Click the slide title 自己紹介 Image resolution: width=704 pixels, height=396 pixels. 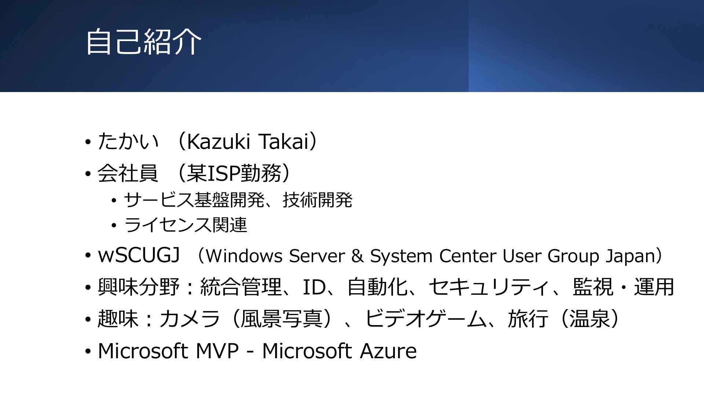[x=143, y=41]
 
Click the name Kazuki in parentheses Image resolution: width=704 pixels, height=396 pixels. [x=219, y=142]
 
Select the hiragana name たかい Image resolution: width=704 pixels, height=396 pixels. [x=128, y=142]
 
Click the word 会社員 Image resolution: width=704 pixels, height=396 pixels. [x=128, y=173]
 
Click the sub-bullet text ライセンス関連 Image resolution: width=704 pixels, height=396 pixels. [x=186, y=224]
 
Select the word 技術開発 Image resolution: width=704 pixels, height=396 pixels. [x=318, y=200]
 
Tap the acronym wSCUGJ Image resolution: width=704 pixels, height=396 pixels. [x=139, y=255]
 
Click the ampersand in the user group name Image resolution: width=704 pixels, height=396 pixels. [x=357, y=256]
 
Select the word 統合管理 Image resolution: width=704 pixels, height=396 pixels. [x=241, y=287]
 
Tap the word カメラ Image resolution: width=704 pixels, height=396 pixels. [x=190, y=318]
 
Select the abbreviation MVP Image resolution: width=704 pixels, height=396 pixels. [x=217, y=351]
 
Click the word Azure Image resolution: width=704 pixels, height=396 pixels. [x=388, y=351]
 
